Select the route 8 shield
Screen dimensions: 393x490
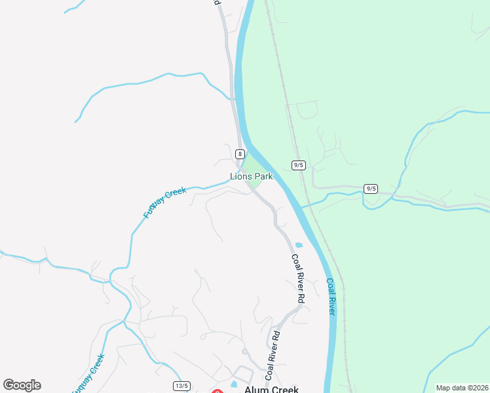pos(240,154)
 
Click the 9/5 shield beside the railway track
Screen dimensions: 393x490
pos(299,165)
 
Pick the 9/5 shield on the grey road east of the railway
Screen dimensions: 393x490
pos(371,189)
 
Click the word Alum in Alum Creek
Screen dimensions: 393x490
pos(256,389)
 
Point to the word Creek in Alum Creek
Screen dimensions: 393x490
pos(285,389)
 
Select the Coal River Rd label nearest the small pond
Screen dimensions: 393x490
pos(298,277)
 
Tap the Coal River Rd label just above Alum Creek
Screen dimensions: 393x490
pos(272,355)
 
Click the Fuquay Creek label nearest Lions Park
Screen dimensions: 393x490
pos(164,202)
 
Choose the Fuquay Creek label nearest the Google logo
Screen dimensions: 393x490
pos(88,373)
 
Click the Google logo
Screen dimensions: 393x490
pos(22,385)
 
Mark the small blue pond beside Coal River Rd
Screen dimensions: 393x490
pos(299,246)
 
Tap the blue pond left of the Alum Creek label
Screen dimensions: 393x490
pos(234,384)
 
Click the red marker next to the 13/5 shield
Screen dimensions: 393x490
pos(217,391)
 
